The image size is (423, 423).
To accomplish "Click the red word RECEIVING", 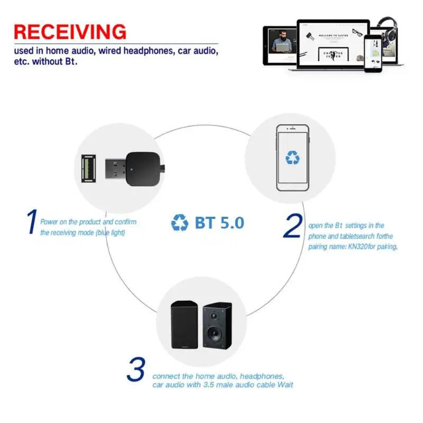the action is point(70,31).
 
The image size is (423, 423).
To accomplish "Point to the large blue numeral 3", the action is point(136,370).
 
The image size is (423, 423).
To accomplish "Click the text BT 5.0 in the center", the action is point(219,223).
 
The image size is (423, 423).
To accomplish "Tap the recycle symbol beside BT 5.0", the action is point(179,223).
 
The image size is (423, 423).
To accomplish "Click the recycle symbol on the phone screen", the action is point(292,157).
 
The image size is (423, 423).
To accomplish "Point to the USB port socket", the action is point(88,168).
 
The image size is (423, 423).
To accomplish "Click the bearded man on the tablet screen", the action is point(277,42).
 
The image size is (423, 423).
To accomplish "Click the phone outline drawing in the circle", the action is point(292,158).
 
